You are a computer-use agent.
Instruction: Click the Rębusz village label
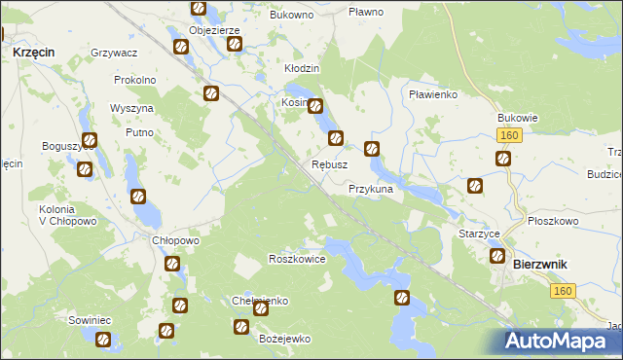pyautogui.click(x=329, y=164)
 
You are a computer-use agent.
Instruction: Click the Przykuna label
pyautogui.click(x=370, y=190)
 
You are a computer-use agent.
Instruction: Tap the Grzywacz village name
pyautogui.click(x=113, y=52)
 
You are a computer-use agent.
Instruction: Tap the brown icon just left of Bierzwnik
pyautogui.click(x=496, y=257)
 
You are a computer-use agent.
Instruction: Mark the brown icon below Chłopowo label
pyautogui.click(x=171, y=264)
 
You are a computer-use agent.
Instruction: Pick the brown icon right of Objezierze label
pyautogui.click(x=234, y=45)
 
